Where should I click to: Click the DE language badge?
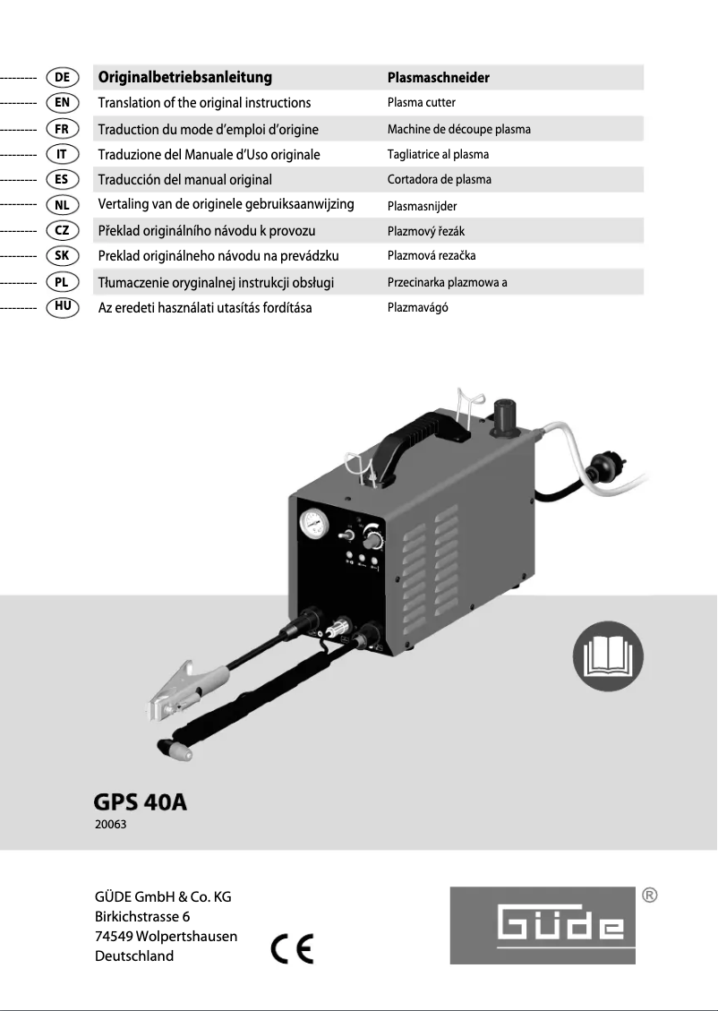pyautogui.click(x=62, y=77)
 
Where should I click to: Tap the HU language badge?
pyautogui.click(x=62, y=307)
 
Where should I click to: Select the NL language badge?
pyautogui.click(x=62, y=205)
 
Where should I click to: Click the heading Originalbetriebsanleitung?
pyautogui.click(x=184, y=78)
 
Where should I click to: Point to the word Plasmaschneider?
pyautogui.click(x=438, y=78)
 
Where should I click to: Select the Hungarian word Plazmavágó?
pyautogui.click(x=417, y=308)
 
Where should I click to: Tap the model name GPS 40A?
pyautogui.click(x=141, y=801)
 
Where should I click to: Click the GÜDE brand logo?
pyautogui.click(x=543, y=925)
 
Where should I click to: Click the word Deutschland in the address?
pyautogui.click(x=134, y=955)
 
